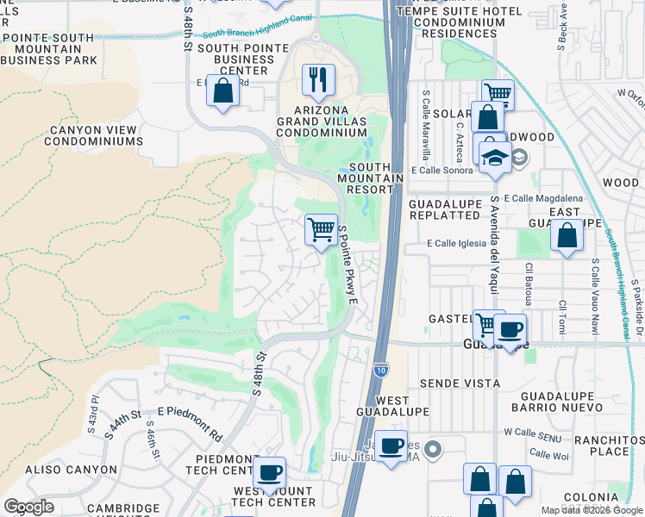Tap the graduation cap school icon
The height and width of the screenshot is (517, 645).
click(x=495, y=158)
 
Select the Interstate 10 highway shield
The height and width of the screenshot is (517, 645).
click(x=381, y=369)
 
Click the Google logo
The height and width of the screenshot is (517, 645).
click(x=28, y=507)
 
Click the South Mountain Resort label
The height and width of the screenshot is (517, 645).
click(x=376, y=178)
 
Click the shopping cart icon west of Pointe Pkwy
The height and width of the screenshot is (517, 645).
click(x=321, y=229)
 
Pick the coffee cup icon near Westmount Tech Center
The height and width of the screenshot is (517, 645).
click(x=270, y=471)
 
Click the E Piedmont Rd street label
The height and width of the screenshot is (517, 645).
click(x=190, y=413)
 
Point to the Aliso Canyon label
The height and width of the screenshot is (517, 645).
click(x=72, y=470)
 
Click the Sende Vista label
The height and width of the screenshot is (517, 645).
click(x=460, y=383)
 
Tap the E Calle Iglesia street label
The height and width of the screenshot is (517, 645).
click(x=458, y=244)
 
